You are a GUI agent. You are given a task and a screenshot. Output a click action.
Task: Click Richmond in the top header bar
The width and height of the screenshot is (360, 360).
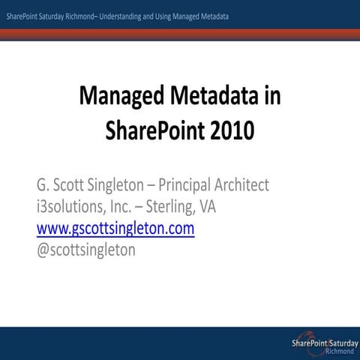tap(73, 15)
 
